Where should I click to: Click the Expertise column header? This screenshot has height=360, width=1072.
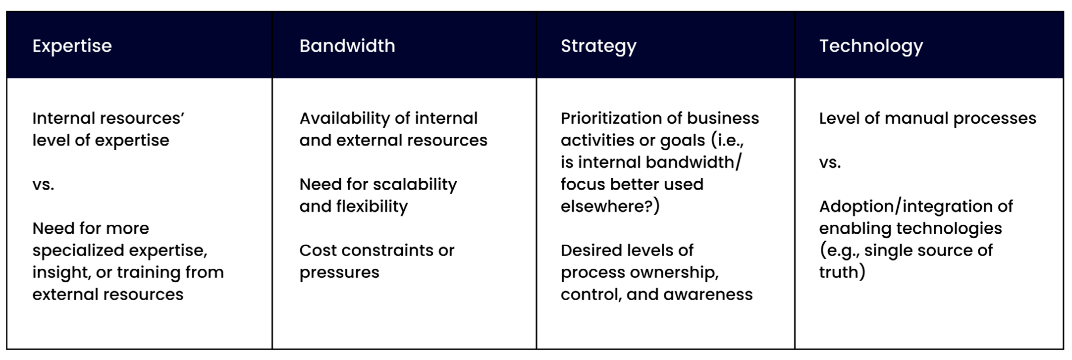(x=72, y=46)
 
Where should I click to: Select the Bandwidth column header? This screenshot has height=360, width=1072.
(x=347, y=46)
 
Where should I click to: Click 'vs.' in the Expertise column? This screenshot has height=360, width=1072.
(x=43, y=185)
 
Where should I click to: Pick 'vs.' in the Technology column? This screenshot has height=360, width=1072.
(x=830, y=162)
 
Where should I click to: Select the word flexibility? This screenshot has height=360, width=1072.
(x=372, y=206)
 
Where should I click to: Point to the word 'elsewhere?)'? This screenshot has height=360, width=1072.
(x=610, y=206)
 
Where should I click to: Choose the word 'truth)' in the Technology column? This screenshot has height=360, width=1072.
(x=842, y=272)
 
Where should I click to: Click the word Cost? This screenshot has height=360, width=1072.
(x=318, y=251)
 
